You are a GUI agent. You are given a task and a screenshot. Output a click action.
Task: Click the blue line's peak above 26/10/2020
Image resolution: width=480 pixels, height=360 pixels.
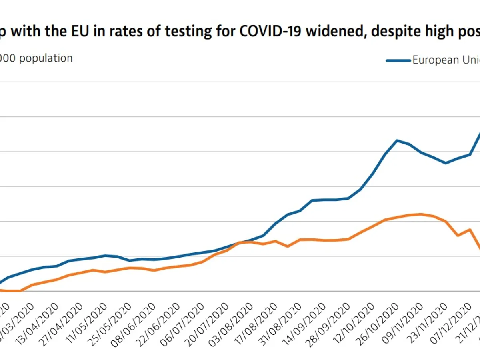pos(397,140)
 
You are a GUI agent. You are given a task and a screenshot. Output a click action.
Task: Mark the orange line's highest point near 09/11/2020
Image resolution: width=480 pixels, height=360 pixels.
pos(421,214)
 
